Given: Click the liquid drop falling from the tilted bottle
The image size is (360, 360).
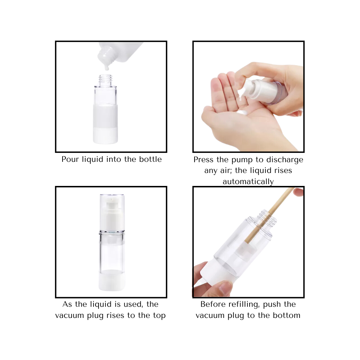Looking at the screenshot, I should pos(107,67).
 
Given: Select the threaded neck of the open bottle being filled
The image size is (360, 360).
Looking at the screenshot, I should pos(105,79).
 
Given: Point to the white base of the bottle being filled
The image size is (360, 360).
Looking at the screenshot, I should pos(105,136).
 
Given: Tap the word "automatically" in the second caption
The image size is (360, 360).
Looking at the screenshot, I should pos(248,181).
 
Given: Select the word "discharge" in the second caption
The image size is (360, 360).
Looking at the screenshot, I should pos(286,159).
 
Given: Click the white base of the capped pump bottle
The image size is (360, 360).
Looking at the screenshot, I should pos(112,282).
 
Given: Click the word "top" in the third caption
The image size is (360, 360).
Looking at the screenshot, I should pos(159,316).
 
